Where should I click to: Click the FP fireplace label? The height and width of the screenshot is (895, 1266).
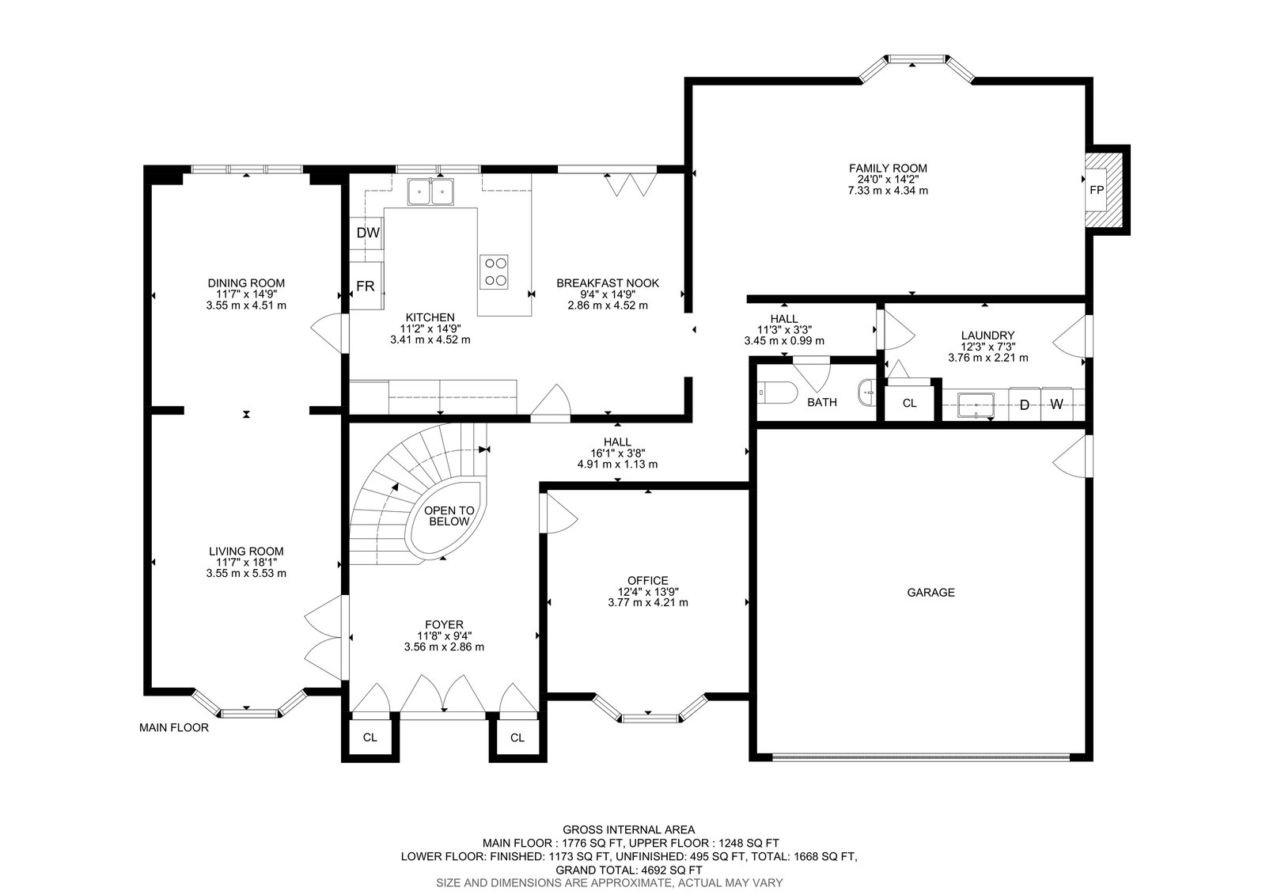coord(1097,190)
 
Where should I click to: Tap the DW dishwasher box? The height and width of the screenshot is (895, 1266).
coord(367,233)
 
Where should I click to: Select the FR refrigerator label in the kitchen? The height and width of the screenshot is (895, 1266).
coord(365,286)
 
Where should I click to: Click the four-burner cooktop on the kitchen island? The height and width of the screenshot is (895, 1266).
coord(494,272)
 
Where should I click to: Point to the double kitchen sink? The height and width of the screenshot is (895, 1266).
coord(430,192)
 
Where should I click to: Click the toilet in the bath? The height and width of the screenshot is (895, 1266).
coord(776,392)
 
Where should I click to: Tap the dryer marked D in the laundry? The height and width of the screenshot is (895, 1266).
coord(1025,404)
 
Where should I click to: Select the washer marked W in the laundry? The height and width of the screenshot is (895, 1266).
coord(1056,404)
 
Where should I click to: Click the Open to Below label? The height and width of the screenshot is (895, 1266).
coord(449,516)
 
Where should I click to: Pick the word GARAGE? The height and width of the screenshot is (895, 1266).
coord(931,593)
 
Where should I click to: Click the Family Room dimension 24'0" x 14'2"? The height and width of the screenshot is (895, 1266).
coord(888,179)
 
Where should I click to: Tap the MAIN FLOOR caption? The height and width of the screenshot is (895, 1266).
coord(174,728)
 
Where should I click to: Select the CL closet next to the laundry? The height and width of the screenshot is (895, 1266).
coord(909,403)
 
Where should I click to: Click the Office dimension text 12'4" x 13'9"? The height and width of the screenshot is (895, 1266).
coord(648,591)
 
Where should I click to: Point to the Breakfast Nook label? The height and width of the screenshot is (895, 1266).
coord(608,283)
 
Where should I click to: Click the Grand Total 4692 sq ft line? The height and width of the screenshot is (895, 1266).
coord(629,870)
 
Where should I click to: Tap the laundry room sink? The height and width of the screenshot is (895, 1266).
coord(976,405)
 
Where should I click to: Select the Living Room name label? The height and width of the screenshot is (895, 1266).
coord(246,551)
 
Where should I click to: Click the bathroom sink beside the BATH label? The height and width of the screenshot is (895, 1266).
coord(866,393)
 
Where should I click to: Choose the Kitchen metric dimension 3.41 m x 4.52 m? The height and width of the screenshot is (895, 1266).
coord(430,339)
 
